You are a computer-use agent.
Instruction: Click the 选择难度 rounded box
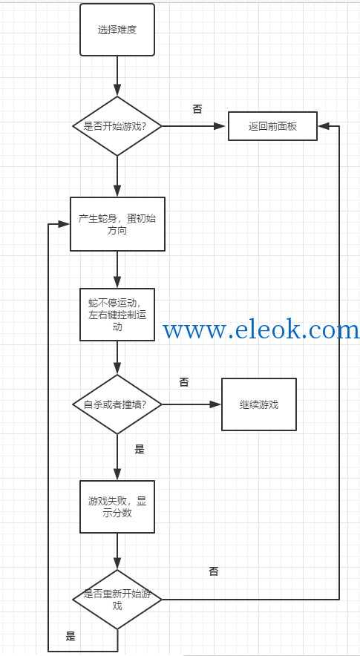117,30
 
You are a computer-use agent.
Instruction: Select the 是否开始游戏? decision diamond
117,126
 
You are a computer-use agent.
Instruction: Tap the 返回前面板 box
272,126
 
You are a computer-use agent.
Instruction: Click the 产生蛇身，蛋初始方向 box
117,224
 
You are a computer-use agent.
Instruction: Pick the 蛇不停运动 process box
117,314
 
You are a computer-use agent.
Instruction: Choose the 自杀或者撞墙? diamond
117,404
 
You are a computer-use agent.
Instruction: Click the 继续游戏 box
259,404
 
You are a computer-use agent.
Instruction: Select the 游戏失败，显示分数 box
117,507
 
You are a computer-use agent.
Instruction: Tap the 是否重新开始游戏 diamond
117,600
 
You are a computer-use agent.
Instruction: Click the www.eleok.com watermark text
261,330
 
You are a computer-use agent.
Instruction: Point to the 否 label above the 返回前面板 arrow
197,109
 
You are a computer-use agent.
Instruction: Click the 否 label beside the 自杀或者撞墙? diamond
184,382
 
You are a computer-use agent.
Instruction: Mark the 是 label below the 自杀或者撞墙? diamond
140,450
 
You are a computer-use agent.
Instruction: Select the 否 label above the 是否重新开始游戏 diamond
214,571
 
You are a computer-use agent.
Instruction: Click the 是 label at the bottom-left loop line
71,637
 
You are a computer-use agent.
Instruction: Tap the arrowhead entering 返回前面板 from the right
323,126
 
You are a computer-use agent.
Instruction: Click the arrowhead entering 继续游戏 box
215,404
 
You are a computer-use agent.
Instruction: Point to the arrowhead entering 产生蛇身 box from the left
64,224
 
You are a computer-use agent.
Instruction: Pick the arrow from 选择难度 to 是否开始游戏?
117,76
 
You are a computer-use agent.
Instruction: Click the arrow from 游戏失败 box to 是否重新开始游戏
117,551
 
